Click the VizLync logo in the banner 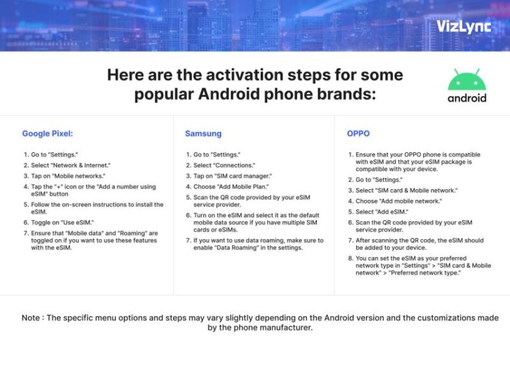(463, 26)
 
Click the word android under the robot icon (467, 98)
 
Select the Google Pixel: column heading (47, 134)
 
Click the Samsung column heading (203, 134)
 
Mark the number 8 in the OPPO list (350, 258)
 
